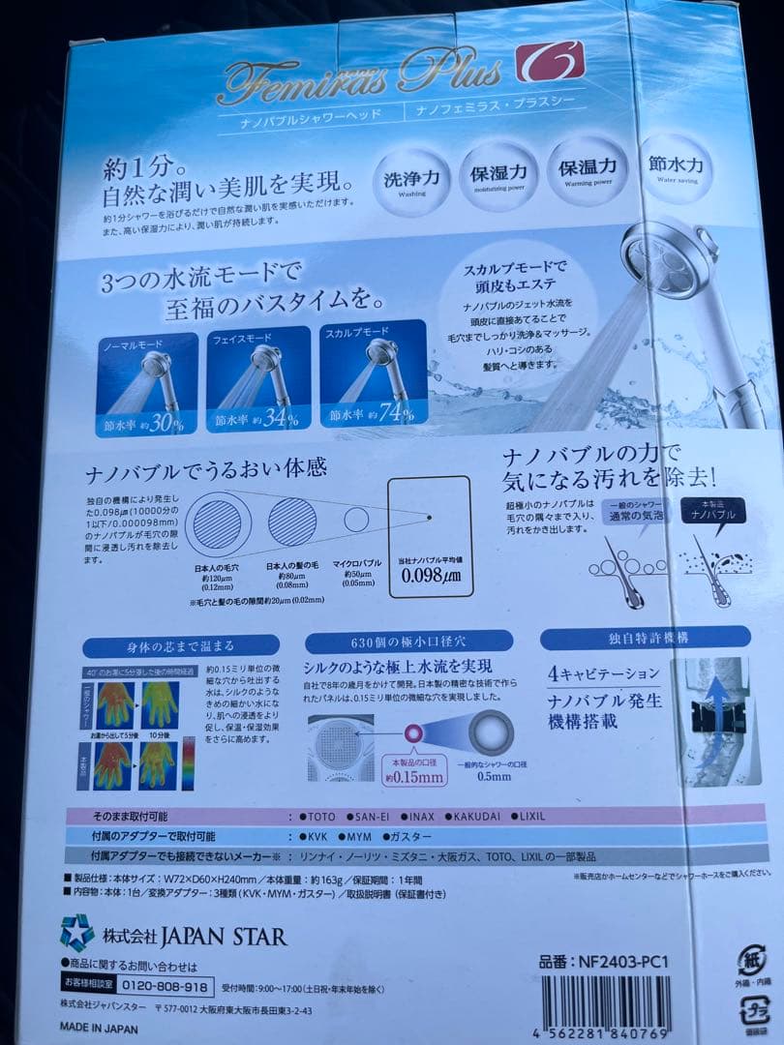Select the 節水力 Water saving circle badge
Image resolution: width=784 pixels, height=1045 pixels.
click(x=677, y=168)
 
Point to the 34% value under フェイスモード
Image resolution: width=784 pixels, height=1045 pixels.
click(x=277, y=418)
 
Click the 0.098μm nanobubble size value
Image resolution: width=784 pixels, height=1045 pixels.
click(x=433, y=578)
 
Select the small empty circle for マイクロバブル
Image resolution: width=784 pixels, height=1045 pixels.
click(x=355, y=520)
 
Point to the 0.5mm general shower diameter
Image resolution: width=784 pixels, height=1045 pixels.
click(x=495, y=775)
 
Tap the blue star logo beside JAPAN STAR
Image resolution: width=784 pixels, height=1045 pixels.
click(x=76, y=932)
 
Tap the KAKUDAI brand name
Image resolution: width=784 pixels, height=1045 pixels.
click(x=458, y=816)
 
